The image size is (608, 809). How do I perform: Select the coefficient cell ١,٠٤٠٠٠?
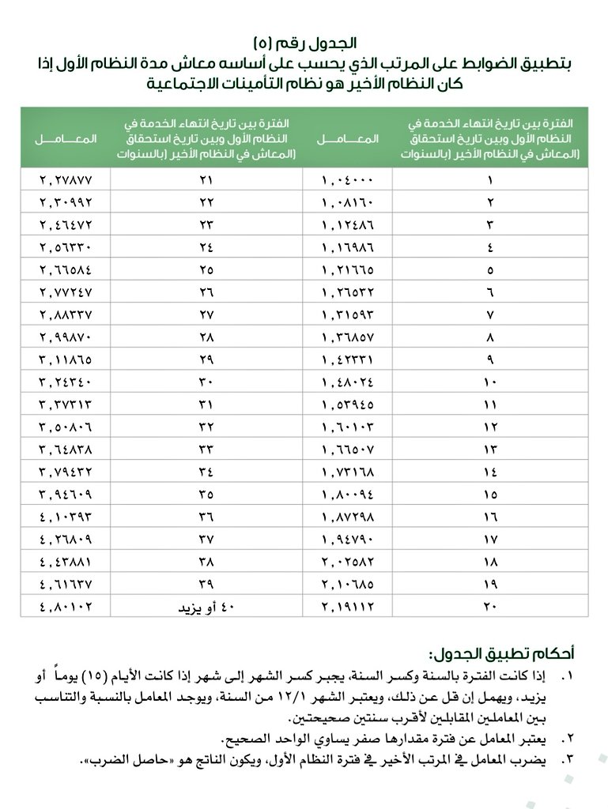348,180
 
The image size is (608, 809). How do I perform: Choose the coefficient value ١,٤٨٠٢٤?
348,382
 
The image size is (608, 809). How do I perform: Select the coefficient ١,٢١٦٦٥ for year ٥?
348,270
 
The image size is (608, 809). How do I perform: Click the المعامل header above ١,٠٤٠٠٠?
348,139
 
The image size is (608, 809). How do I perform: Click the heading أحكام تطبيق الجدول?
501,654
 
